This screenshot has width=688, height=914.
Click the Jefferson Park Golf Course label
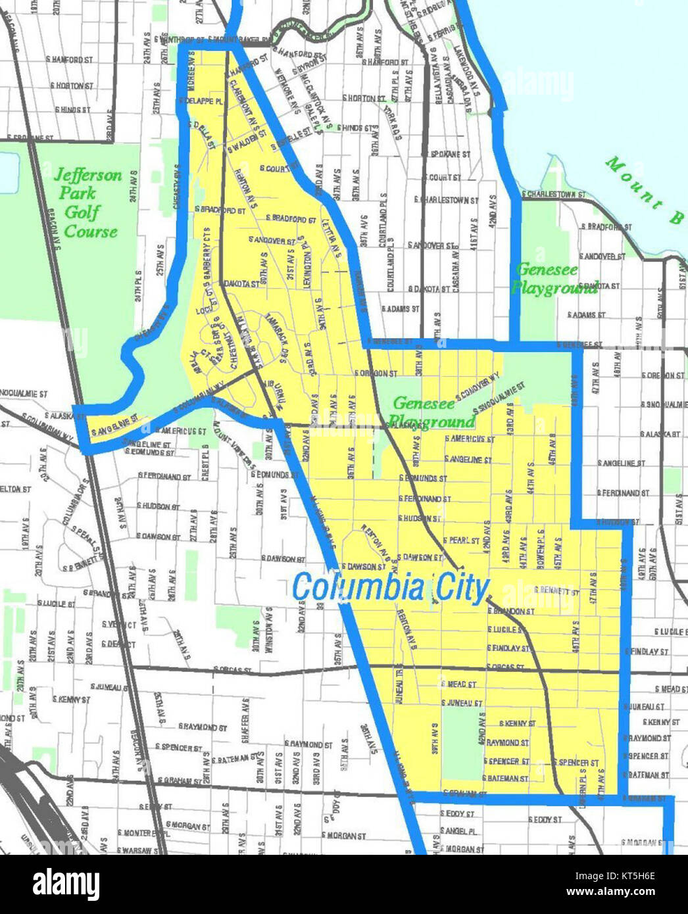89,203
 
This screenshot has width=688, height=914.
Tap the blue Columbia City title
391,587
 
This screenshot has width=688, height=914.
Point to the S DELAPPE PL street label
201,103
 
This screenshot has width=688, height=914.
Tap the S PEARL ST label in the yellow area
461,541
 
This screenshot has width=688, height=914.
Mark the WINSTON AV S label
268,637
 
